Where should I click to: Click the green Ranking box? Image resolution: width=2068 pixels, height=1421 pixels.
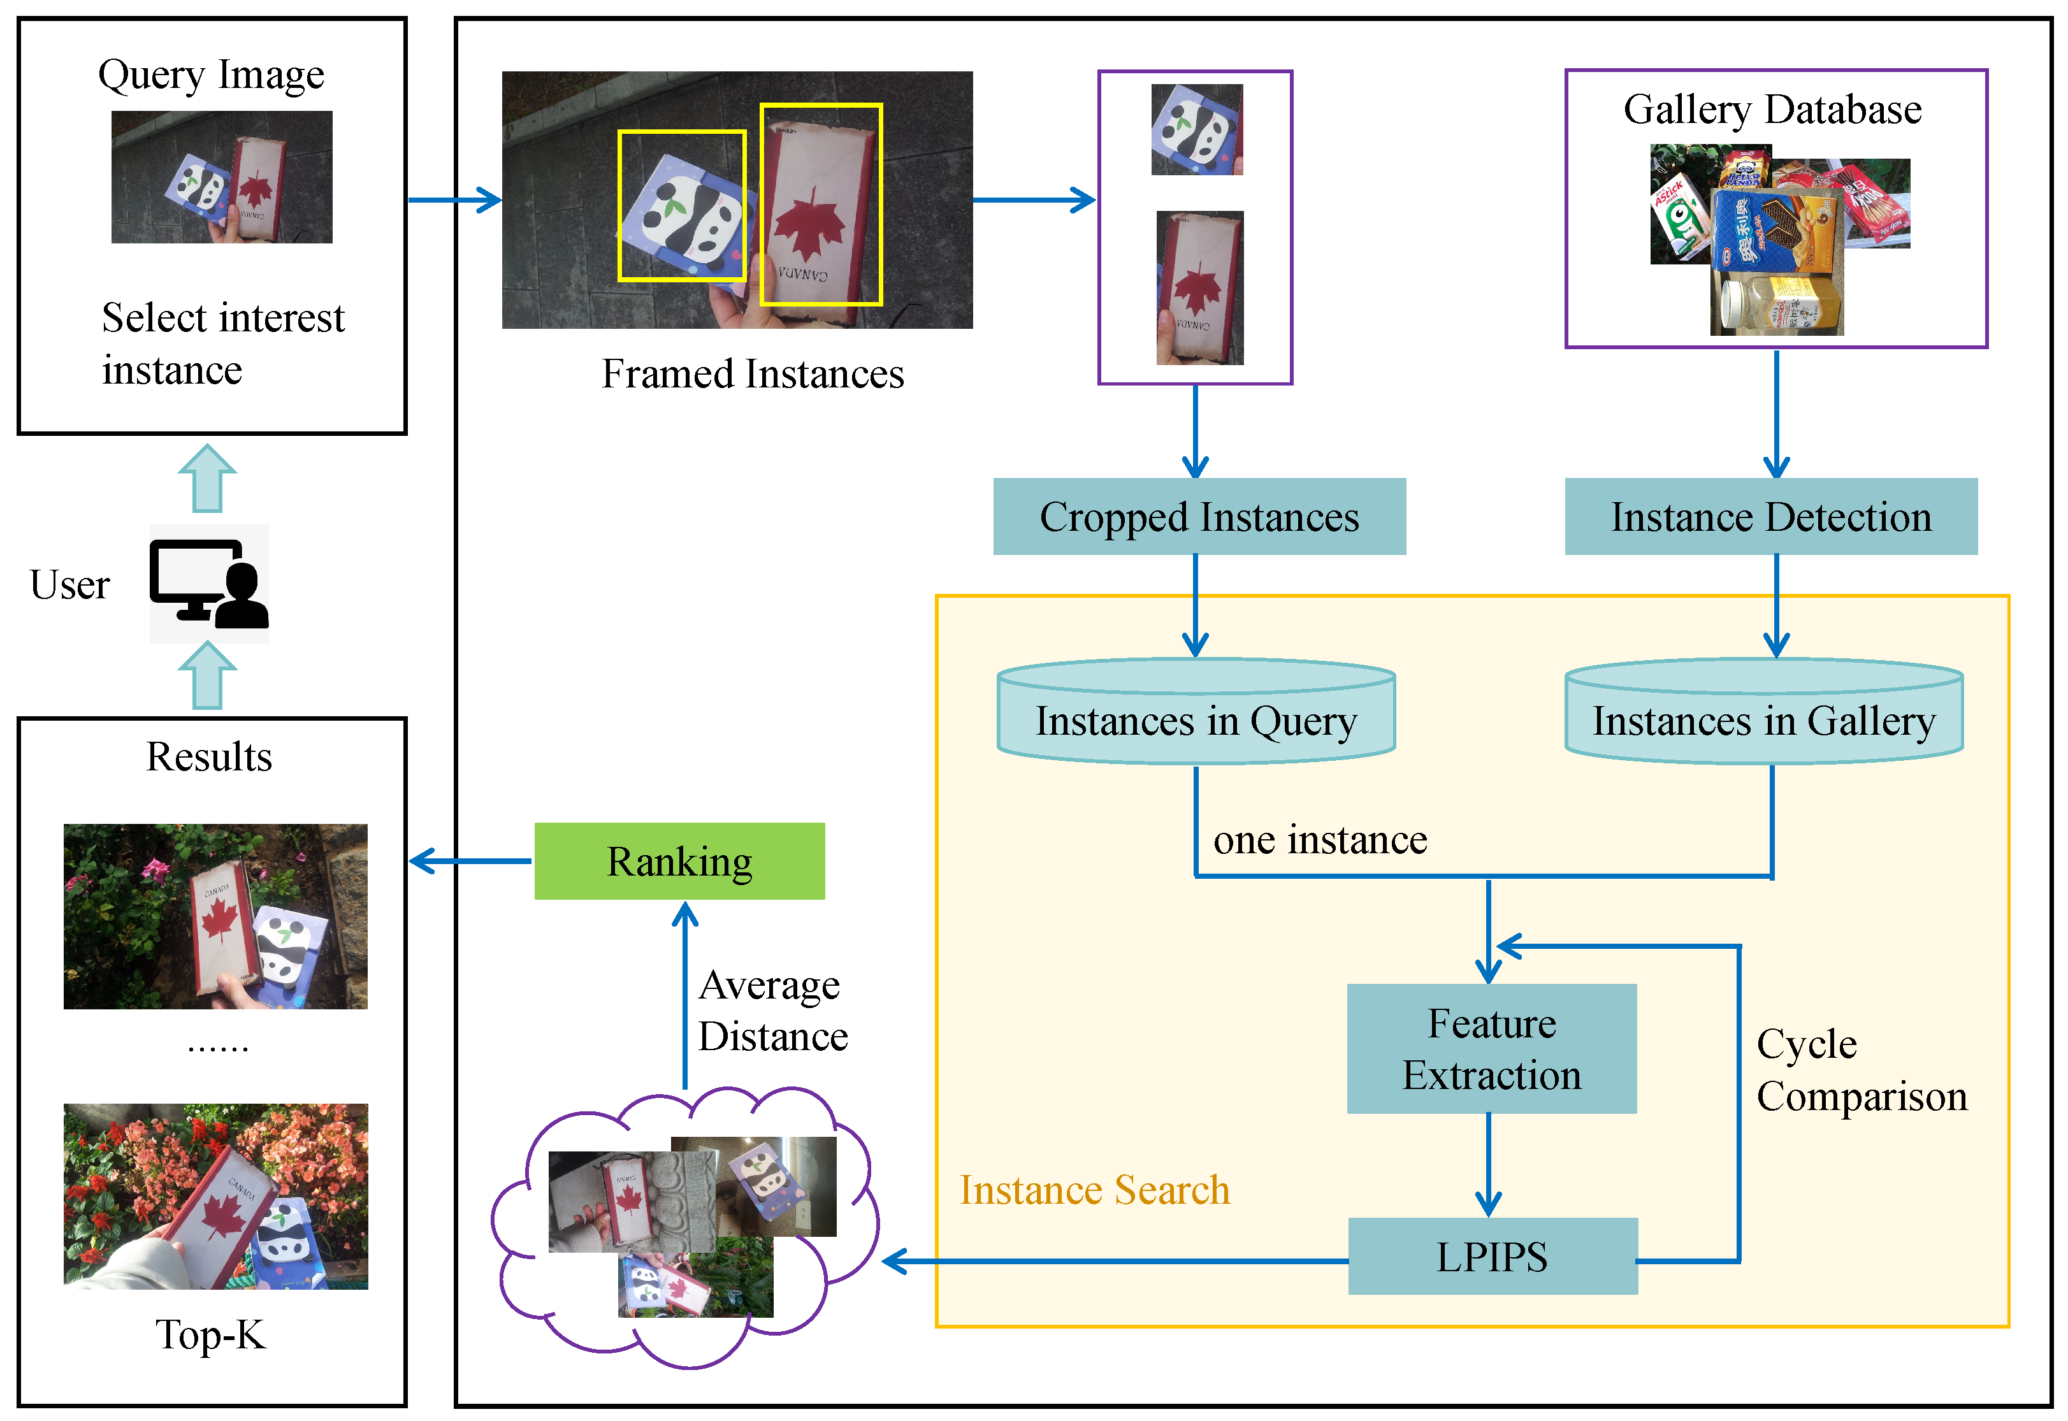[679, 861]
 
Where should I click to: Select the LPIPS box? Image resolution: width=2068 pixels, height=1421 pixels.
[1492, 1257]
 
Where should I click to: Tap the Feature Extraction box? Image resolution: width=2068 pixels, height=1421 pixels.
[1491, 1049]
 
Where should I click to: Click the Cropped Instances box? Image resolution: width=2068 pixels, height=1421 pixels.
[1199, 516]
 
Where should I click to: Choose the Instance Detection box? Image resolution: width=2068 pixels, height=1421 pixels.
[1770, 516]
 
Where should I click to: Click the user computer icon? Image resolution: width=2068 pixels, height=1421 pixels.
[209, 584]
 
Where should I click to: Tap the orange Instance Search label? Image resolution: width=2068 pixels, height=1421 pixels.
[1094, 1190]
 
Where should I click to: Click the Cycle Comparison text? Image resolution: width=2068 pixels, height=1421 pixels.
[1861, 1069]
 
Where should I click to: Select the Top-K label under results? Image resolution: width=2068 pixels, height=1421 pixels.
[211, 1334]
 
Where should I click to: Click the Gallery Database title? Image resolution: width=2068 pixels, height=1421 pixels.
[1772, 110]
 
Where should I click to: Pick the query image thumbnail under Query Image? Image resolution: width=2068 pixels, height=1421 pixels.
[222, 177]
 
